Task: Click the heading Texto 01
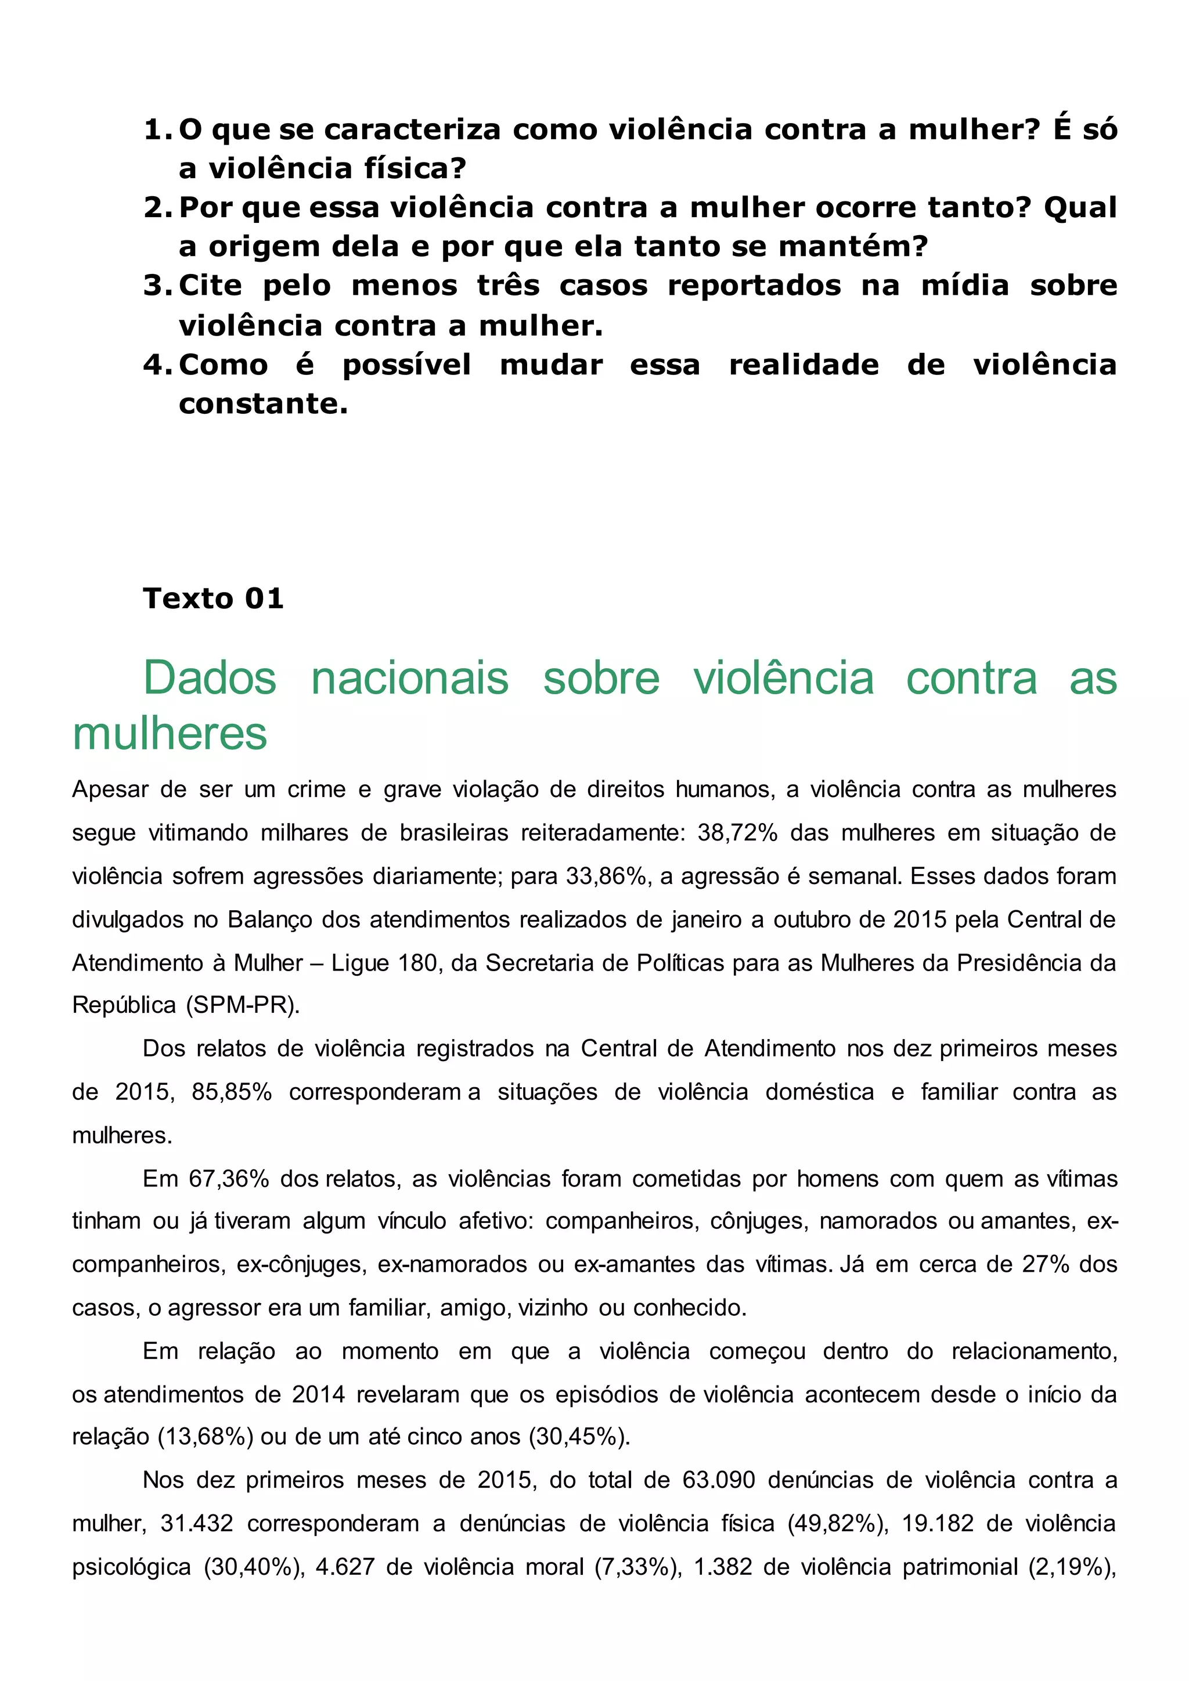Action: (213, 598)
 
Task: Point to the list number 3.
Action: (157, 286)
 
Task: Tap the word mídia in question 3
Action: (965, 286)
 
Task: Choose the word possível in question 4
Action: (407, 365)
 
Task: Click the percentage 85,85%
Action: (232, 1092)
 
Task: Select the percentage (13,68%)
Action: (205, 1437)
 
